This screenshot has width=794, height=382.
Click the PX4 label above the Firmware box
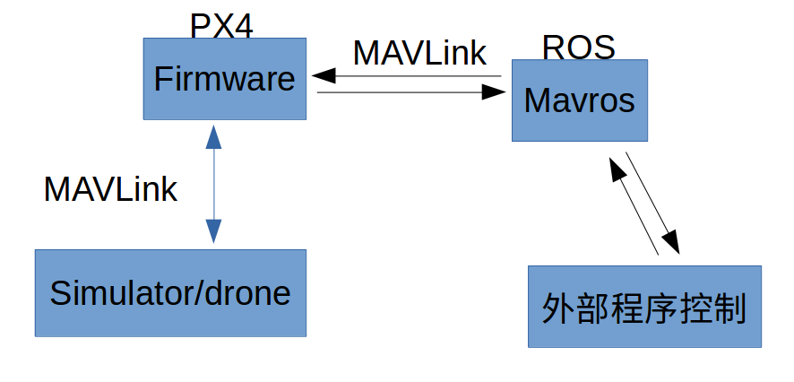click(x=221, y=25)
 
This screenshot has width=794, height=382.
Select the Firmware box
click(x=224, y=79)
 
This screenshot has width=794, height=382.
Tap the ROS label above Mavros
click(x=578, y=48)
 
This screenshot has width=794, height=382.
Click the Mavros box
click(x=579, y=100)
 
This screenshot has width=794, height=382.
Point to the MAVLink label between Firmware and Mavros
click(x=419, y=53)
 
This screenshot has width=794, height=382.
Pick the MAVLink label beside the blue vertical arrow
click(x=110, y=189)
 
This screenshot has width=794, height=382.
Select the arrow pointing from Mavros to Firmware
click(x=408, y=75)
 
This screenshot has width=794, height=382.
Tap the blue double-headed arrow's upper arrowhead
click(x=213, y=136)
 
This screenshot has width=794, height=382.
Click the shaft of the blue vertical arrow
click(x=213, y=184)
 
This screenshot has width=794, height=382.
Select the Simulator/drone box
click(x=170, y=293)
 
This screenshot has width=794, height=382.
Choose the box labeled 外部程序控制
click(x=644, y=307)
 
